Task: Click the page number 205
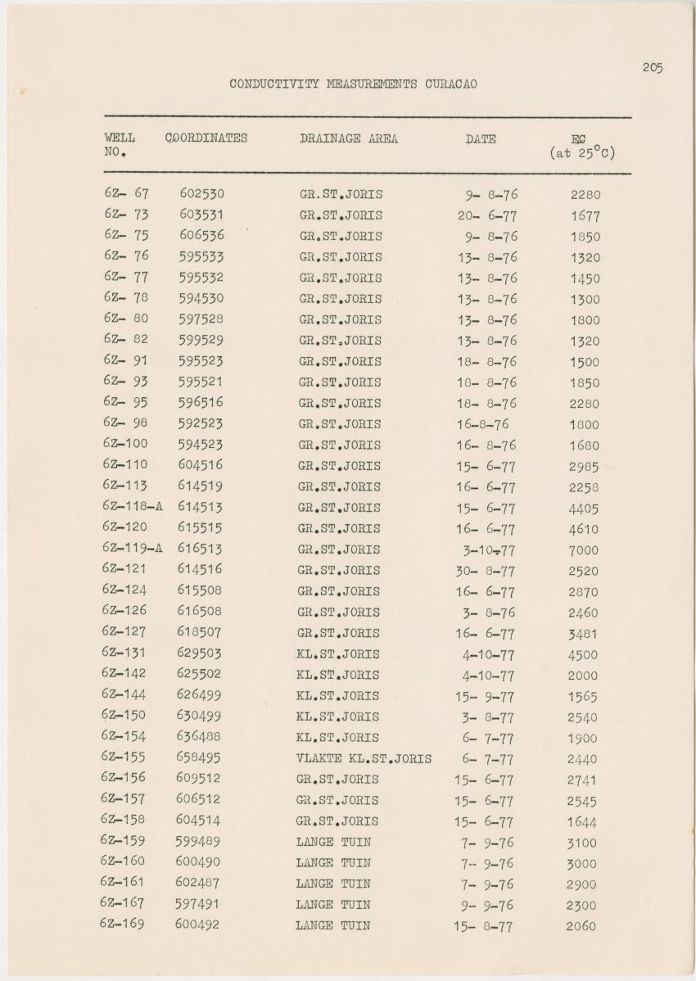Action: [x=652, y=68]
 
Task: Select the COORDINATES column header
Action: [x=206, y=138]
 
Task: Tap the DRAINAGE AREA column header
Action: [x=349, y=139]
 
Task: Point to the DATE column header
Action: [x=481, y=139]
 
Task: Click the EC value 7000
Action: [x=583, y=551]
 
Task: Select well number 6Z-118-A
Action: [x=133, y=507]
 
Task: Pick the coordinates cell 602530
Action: [x=202, y=194]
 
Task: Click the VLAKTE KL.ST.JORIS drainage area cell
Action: [x=364, y=759]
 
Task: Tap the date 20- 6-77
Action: [x=487, y=216]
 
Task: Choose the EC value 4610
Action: [x=583, y=530]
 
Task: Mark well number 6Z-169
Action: [x=123, y=924]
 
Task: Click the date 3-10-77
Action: [x=489, y=550]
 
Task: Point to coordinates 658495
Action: [x=198, y=758]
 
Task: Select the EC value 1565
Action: [x=582, y=697]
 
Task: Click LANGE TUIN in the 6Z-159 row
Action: [x=333, y=842]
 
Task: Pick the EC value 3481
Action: [x=582, y=634]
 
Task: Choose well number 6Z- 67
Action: [x=126, y=194]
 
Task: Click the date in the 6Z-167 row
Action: [x=487, y=906]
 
